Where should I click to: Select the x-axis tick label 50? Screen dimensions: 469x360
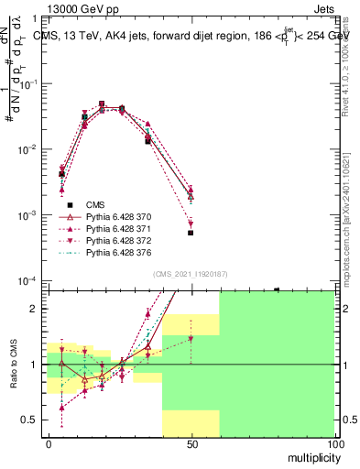[191, 442]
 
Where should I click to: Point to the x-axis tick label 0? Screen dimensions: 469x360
[49, 442]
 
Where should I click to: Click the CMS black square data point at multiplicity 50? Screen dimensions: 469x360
[191, 233]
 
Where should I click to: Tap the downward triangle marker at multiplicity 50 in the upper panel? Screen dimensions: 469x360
[191, 224]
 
